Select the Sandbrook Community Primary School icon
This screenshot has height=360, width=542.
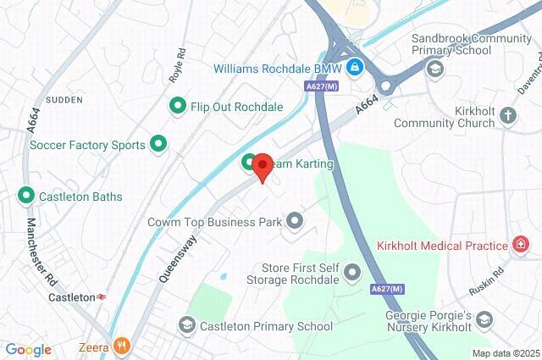435,69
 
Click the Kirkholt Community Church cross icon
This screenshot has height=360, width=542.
507,115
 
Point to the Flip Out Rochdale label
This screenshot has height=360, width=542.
225,107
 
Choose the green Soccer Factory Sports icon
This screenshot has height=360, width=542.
158,145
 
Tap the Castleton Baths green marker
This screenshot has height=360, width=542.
25,197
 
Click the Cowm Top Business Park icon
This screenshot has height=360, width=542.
295,222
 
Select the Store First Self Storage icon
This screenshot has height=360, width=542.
352,271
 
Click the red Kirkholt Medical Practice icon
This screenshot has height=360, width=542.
522,246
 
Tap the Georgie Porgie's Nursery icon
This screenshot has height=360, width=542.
484,319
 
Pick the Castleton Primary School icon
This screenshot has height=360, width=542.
186,325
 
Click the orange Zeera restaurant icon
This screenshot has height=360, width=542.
123,346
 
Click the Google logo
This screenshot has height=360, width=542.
28,349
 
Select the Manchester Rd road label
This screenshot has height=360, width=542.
40,252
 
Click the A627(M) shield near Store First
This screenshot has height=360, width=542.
385,291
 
